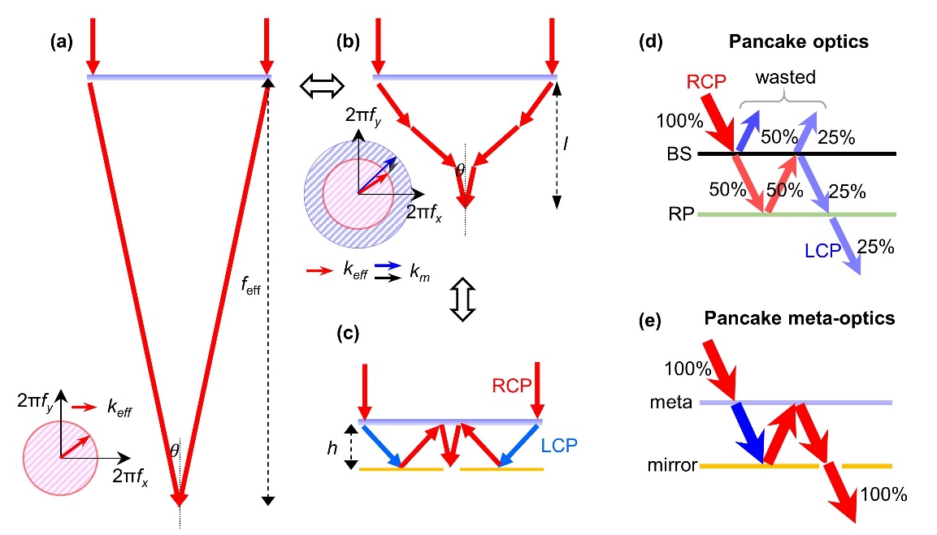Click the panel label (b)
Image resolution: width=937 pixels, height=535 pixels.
[351, 38]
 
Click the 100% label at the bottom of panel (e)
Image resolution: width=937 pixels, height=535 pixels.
[879, 493]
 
